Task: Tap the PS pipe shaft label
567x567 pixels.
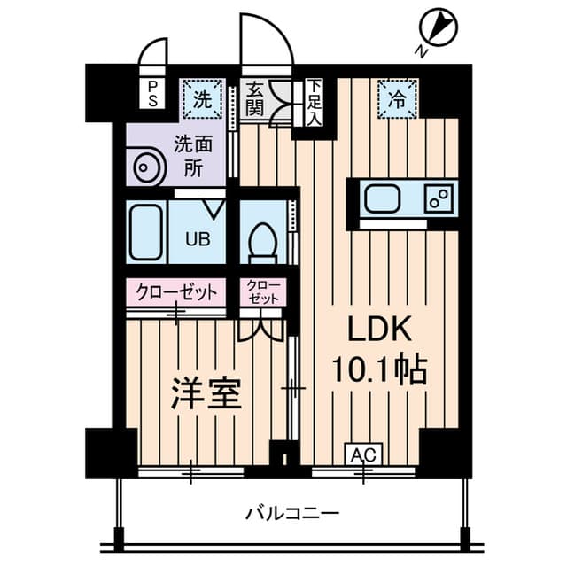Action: (x=153, y=93)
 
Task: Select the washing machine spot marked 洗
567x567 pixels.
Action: (x=202, y=99)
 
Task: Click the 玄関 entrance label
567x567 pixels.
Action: (x=254, y=99)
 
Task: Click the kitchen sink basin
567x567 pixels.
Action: (x=384, y=199)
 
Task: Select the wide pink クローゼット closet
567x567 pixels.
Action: (x=175, y=291)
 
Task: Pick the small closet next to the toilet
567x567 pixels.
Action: (x=262, y=292)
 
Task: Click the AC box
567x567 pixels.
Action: (x=360, y=455)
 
